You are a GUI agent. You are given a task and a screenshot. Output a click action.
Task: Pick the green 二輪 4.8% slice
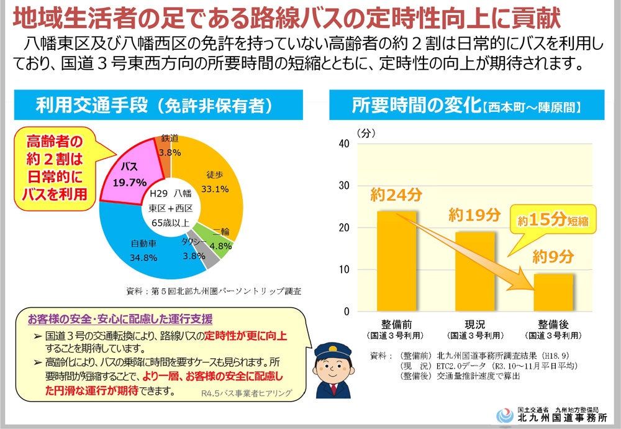click(x=222, y=239)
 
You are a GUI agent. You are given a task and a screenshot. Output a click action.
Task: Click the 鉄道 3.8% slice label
click(x=170, y=145)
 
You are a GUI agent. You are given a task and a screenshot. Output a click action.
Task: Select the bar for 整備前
click(x=396, y=261)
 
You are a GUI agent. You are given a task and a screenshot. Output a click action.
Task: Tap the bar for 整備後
click(x=554, y=292)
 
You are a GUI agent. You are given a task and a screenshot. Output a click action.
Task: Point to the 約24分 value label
click(x=396, y=195)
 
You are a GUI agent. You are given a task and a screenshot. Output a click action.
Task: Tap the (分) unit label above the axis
click(x=365, y=132)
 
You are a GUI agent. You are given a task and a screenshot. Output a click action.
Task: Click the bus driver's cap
click(x=327, y=351)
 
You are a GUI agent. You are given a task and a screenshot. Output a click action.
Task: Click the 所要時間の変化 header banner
click(x=466, y=105)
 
